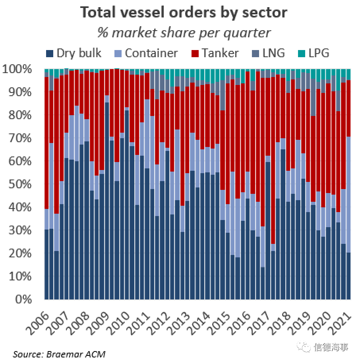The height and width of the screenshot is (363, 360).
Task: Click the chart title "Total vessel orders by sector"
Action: pos(184,12)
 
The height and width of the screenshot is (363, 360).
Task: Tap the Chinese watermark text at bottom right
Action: pos(331,348)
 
